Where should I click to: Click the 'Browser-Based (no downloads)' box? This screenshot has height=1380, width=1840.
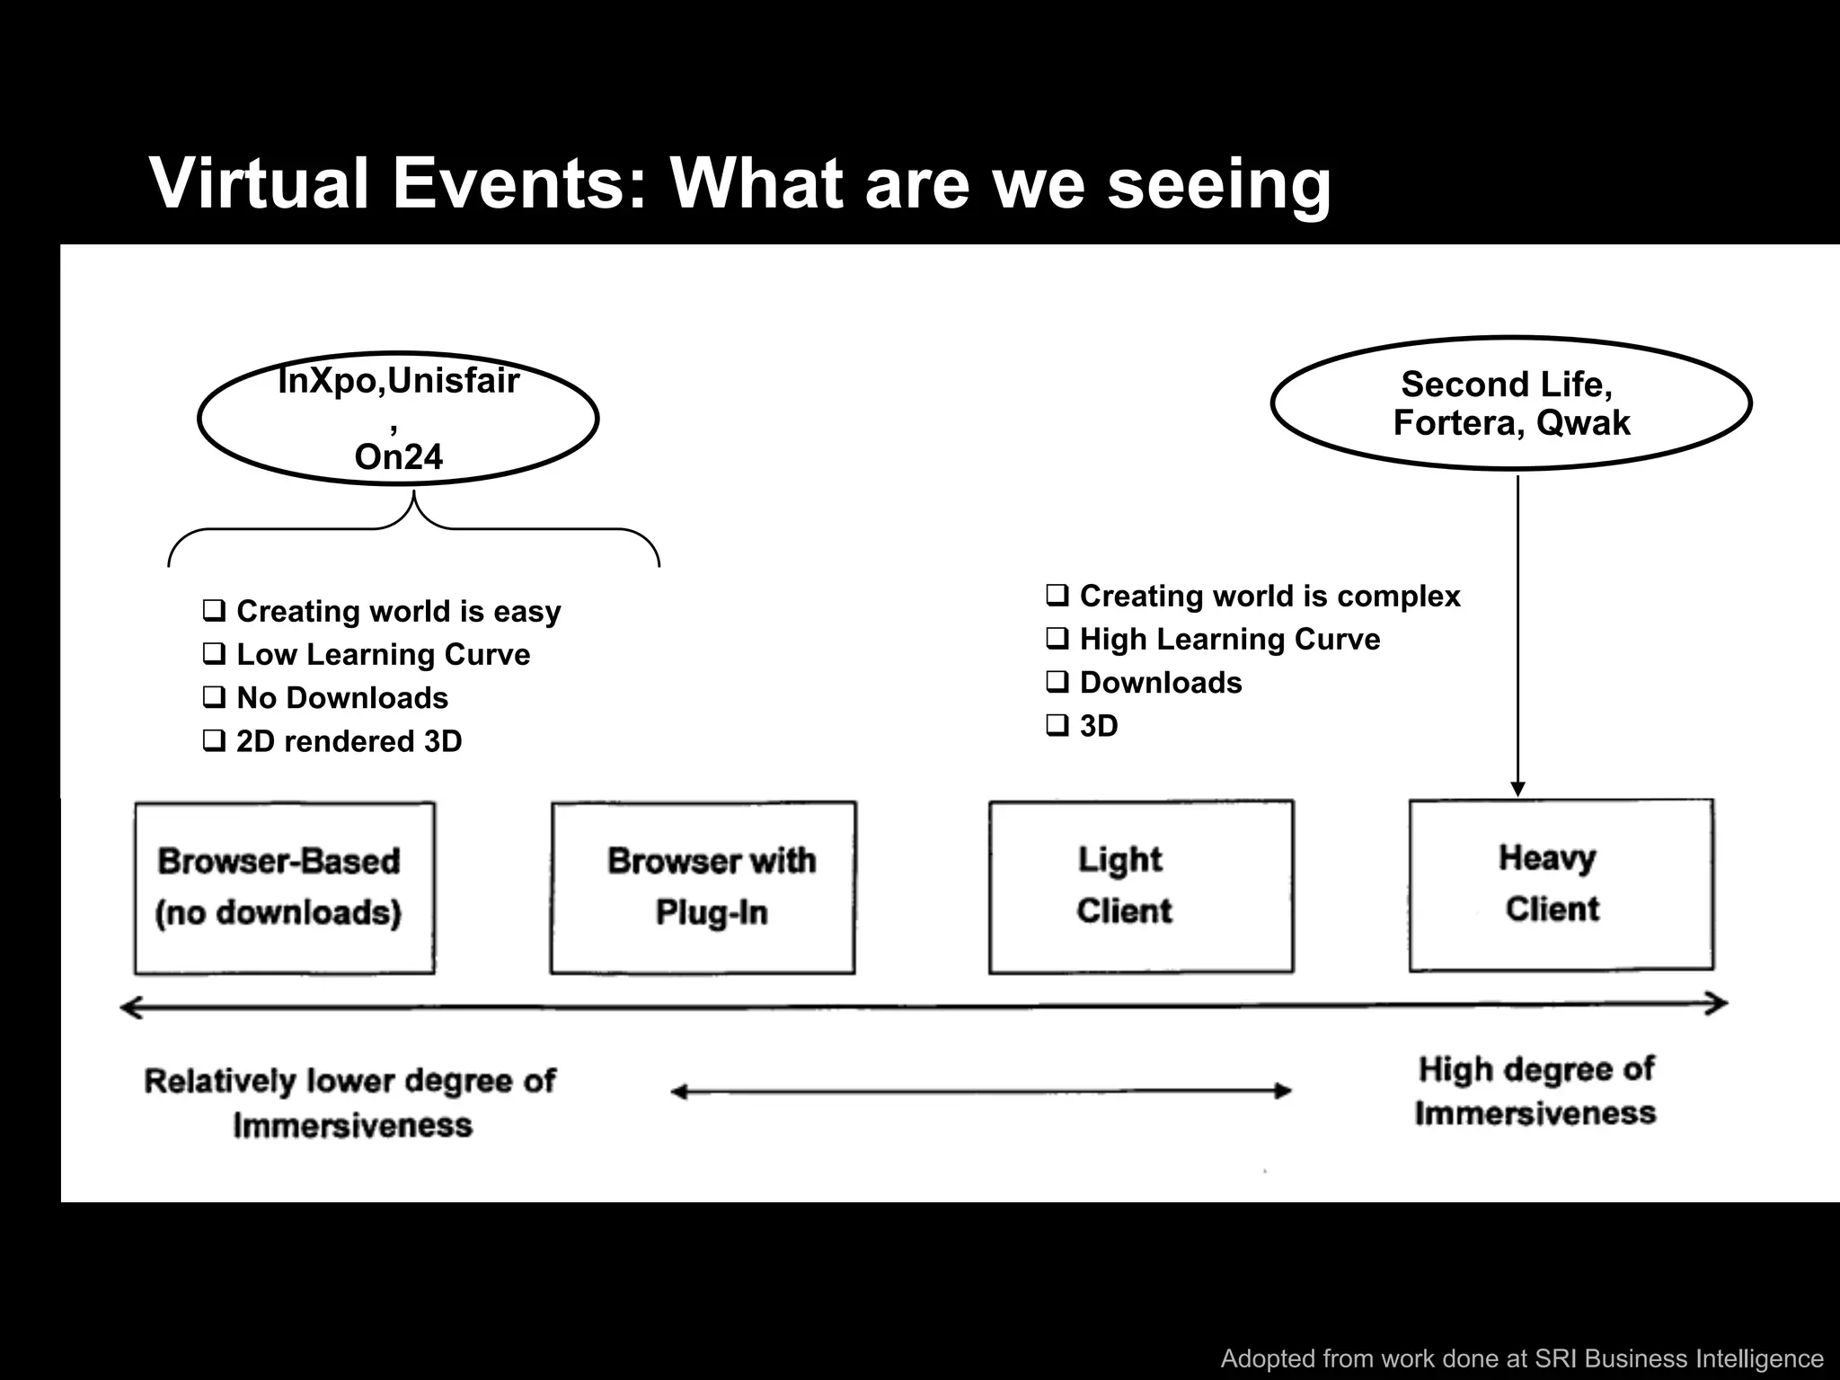[284, 888]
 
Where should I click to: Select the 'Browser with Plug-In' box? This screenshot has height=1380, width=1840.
[703, 888]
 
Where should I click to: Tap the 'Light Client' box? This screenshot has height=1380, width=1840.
[1141, 886]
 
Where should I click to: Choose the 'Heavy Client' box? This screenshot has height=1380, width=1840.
[1561, 884]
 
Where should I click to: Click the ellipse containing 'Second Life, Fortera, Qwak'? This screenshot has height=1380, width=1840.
[1511, 403]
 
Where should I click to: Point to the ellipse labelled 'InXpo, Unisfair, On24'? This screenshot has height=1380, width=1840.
[398, 419]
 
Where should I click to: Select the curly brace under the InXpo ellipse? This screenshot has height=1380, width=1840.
[414, 529]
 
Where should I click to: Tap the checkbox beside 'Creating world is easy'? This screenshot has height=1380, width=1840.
[214, 611]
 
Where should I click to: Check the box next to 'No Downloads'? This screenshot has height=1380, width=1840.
[214, 697]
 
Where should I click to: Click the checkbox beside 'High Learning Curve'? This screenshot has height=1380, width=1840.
[1057, 639]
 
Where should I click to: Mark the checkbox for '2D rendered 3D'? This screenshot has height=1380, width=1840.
[214, 741]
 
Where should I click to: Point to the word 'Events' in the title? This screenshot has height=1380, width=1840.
[519, 183]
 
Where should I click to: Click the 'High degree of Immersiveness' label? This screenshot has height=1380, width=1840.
[1535, 1091]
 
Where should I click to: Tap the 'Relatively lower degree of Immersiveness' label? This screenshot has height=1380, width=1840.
[350, 1102]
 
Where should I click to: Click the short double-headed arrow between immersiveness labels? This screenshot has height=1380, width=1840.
[981, 1092]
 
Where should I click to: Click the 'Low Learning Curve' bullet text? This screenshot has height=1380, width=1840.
[383, 654]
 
